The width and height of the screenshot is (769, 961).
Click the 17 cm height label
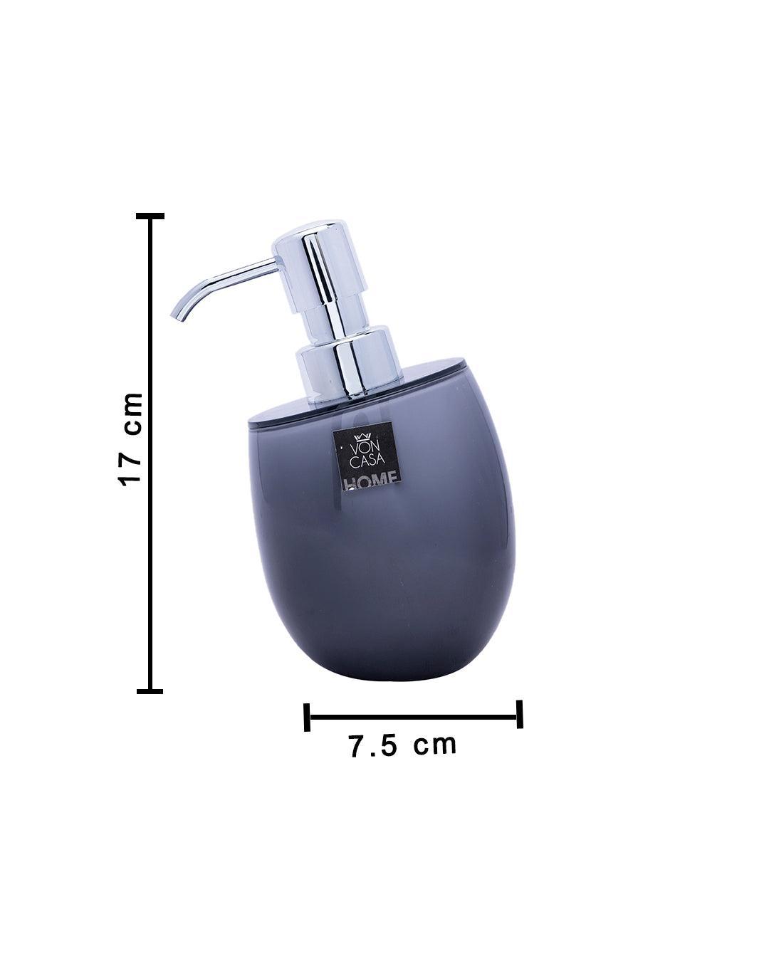[131, 440]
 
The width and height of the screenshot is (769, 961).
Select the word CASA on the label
[367, 462]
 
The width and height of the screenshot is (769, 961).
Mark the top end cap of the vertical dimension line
[150, 216]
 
